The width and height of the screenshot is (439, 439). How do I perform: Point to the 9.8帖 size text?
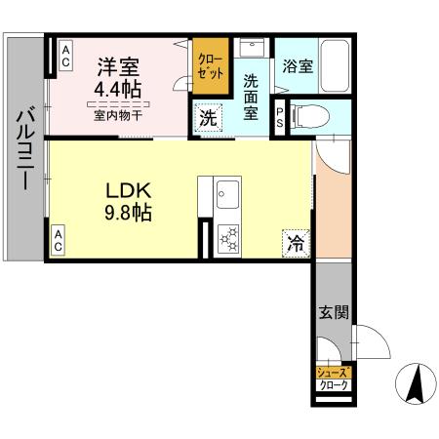point(126,212)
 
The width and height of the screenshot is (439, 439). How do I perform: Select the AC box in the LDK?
point(59,241)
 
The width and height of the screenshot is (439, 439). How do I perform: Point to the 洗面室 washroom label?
point(251,97)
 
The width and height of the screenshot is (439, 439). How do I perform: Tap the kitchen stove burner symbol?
point(230,239)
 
